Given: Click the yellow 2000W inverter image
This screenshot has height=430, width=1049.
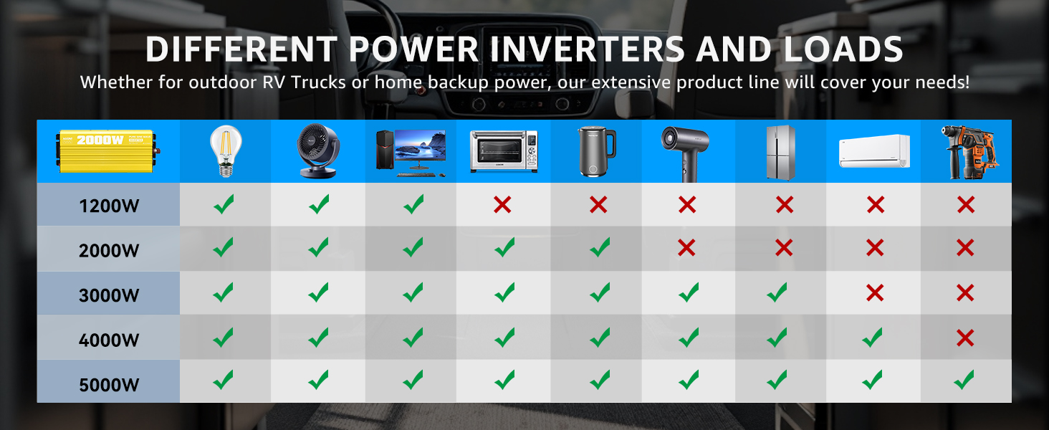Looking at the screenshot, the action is coord(108,150).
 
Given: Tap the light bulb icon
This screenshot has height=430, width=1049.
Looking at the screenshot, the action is coord(226,150).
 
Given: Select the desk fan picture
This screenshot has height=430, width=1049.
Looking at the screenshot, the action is coord(318,150).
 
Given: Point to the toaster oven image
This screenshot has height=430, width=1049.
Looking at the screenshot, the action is coord(504,151).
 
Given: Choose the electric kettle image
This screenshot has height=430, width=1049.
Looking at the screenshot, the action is coord(596,151).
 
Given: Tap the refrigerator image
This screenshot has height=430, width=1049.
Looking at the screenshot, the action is coord(781,152).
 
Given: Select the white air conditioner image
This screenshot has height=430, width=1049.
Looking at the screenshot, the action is coord(874,150).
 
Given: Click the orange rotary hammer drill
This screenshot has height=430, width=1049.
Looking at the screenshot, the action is coord(969,152).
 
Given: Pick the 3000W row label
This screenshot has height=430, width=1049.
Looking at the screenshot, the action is coord(109,295).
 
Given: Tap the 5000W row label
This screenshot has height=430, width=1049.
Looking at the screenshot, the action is coord(109,385).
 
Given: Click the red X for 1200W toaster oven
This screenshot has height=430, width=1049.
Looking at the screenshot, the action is coord(502,205).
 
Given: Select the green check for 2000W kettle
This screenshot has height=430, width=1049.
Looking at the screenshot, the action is coord(600,247).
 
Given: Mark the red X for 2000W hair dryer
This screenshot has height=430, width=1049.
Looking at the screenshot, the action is coord(686,247).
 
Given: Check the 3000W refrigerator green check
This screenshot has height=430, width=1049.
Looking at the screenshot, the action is coord(777,292).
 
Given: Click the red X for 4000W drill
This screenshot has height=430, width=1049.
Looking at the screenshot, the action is coord(965,338).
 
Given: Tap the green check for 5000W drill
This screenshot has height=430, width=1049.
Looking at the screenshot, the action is coord(964,380).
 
